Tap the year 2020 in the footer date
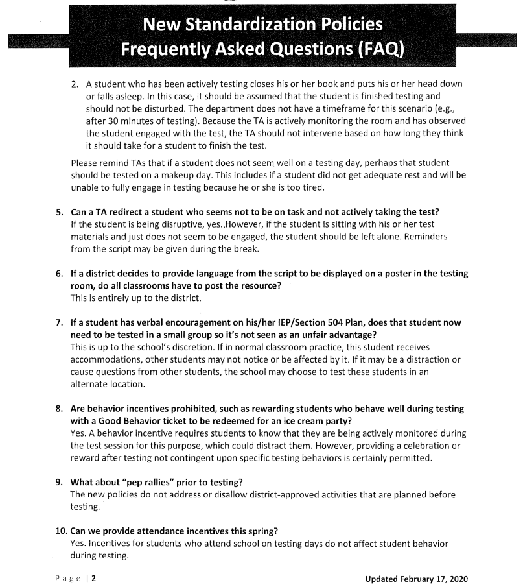coord(456,578)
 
